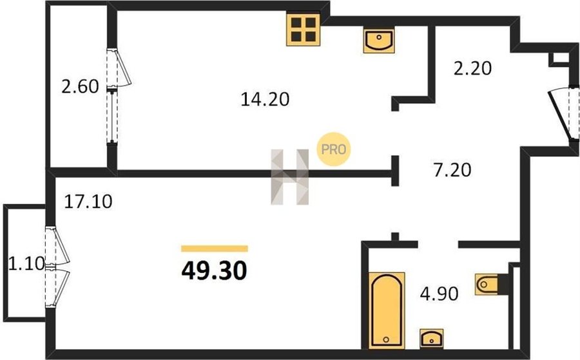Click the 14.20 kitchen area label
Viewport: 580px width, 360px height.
pyautogui.click(x=265, y=99)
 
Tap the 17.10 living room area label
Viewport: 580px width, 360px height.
pyautogui.click(x=88, y=202)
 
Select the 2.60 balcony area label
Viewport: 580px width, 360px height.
pyautogui.click(x=80, y=87)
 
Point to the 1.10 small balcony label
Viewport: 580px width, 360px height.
pyautogui.click(x=26, y=264)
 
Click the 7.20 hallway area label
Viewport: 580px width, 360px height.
pyautogui.click(x=452, y=170)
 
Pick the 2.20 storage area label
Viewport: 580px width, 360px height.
pyautogui.click(x=473, y=68)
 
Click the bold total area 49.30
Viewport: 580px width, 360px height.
pyautogui.click(x=214, y=270)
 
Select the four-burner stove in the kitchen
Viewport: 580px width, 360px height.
pyautogui.click(x=304, y=30)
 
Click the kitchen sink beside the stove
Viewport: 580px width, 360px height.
pyautogui.click(x=379, y=41)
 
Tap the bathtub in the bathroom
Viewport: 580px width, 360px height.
pyautogui.click(x=387, y=311)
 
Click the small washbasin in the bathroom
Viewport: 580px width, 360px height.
pyautogui.click(x=432, y=338)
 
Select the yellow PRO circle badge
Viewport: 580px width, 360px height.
pyautogui.click(x=334, y=149)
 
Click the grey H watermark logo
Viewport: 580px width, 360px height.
pyautogui.click(x=289, y=177)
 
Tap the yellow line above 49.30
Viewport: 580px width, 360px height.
pyautogui.click(x=215, y=249)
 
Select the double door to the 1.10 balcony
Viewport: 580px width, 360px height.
pyautogui.click(x=57, y=267)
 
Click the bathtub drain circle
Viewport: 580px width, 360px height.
pyautogui.click(x=386, y=339)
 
